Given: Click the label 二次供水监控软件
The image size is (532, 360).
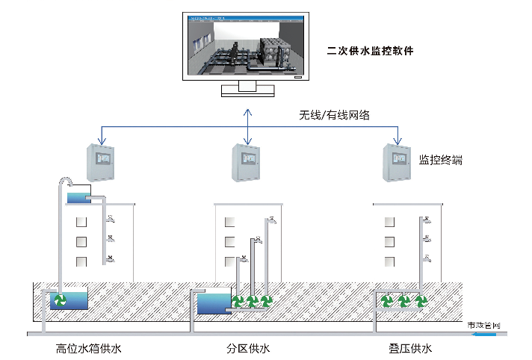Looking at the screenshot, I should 370,52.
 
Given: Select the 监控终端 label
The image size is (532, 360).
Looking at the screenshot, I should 440,159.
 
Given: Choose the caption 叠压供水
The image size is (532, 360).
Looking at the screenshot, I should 406,349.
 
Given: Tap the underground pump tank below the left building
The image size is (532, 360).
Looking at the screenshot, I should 67,301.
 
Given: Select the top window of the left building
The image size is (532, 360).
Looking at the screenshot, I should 81,222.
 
